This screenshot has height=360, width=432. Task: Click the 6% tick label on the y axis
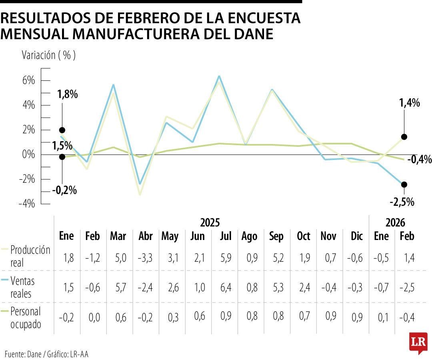pos(28,80)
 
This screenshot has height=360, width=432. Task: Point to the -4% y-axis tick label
pos(27,204)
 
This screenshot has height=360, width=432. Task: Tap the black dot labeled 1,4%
pos(404,137)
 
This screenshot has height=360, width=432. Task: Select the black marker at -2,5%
pos(404,184)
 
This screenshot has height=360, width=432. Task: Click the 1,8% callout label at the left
pos(67,95)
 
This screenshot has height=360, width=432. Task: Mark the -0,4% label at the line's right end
pos(420,160)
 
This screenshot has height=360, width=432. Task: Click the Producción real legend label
pos(30,256)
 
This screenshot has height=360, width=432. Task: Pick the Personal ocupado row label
pos(26,318)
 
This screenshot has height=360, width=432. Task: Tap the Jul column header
pos(226,236)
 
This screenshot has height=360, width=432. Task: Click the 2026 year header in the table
pos(395,222)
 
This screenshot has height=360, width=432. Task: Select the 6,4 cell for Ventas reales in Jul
pos(226,287)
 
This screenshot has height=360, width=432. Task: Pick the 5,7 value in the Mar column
pos(118,287)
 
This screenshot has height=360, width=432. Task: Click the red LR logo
pos(418,342)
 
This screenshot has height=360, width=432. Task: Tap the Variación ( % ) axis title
pos(48,55)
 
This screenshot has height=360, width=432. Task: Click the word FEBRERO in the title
pos(127,18)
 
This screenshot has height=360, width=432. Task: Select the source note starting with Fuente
pos(46,354)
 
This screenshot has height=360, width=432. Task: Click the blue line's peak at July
pos(219,76)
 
